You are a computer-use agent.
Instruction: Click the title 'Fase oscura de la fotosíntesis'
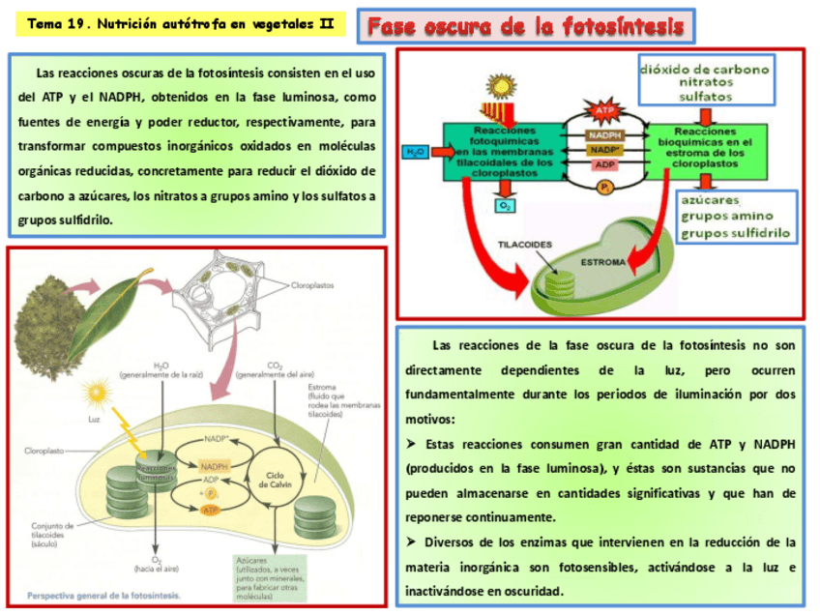tap(527, 26)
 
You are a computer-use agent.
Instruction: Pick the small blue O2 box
tap(504, 205)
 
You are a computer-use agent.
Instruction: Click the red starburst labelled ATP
tap(605, 111)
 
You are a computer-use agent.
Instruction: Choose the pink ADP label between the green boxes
tap(604, 164)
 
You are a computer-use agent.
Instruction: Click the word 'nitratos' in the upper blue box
tap(706, 83)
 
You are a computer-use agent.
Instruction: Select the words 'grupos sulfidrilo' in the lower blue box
tap(735, 232)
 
